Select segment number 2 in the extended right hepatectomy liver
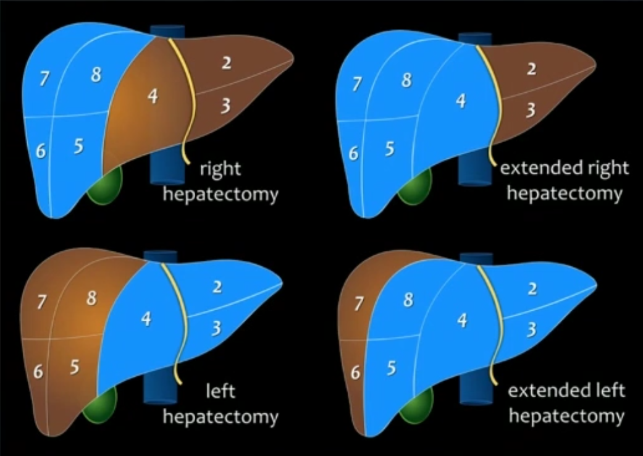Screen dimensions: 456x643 (531, 69)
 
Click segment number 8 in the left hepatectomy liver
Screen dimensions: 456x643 (91, 298)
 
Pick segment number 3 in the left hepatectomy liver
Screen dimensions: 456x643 (216, 328)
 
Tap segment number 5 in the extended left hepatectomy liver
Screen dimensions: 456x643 (392, 368)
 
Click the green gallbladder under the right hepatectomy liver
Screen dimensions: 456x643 (104, 185)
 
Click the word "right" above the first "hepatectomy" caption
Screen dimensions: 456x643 (220, 169)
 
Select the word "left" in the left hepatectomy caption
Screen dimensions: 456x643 (221, 392)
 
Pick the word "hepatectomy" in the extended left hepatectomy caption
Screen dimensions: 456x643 (566, 416)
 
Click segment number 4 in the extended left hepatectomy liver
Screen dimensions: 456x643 (462, 321)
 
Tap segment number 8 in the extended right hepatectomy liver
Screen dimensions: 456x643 (406, 81)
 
